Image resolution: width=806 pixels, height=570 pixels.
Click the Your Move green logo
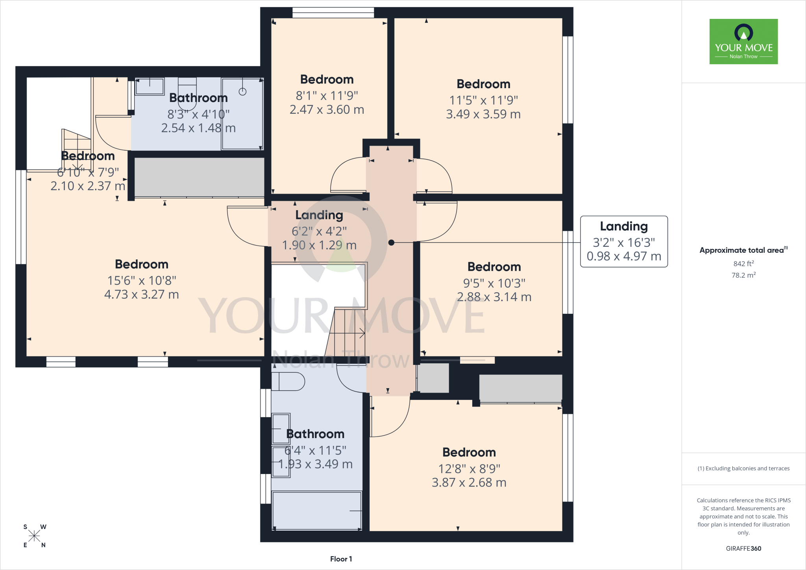[x=743, y=41]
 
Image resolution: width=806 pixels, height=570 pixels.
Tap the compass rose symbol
[x=34, y=536]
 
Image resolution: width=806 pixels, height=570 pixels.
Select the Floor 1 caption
[x=341, y=559]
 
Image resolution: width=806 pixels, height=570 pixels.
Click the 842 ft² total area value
[x=743, y=263]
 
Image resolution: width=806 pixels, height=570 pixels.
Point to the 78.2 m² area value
[x=743, y=275]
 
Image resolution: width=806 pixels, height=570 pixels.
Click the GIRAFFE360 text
[x=743, y=548]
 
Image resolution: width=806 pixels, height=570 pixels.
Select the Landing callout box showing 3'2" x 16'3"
[x=624, y=241]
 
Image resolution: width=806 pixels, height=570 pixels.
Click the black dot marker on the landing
[x=391, y=242]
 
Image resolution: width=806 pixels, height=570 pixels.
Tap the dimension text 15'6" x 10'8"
[x=142, y=280]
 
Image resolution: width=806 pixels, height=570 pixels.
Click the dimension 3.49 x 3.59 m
[x=483, y=114]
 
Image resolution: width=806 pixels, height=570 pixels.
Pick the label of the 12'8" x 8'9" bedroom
[x=469, y=452]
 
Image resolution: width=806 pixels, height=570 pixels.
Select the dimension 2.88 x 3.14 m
[x=494, y=297]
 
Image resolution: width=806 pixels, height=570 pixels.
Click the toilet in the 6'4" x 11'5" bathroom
[x=288, y=381]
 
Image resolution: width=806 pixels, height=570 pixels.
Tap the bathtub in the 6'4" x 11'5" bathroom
[x=317, y=511]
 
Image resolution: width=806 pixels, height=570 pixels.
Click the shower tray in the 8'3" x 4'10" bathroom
[x=242, y=114]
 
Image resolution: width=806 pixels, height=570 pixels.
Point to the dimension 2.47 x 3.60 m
[x=327, y=109]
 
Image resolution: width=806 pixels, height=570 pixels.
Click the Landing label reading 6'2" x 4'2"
[x=319, y=215]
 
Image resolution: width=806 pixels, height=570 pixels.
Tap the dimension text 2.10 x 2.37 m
[x=88, y=186]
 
